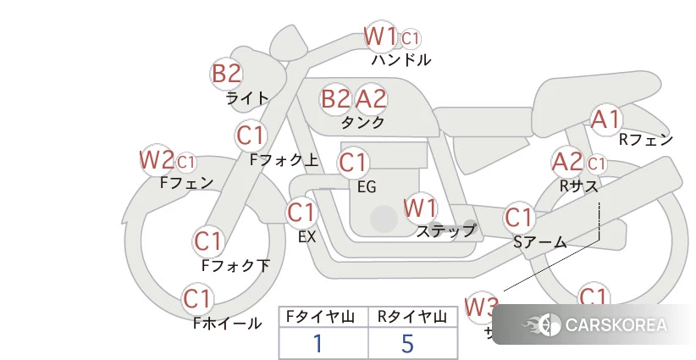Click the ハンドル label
point(400,60)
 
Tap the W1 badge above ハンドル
point(380,36)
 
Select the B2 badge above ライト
point(226,73)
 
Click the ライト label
point(247,98)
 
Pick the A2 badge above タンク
point(371,99)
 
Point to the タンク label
point(362,123)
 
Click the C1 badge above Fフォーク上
point(251,135)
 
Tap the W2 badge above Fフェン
point(157,159)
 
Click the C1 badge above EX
point(301,212)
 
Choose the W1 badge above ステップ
point(420,207)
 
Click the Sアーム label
point(539,242)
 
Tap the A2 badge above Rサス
point(567,161)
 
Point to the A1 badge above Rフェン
point(606,119)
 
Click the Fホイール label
point(227,324)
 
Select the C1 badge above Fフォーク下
point(207,241)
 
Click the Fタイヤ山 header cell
point(323,317)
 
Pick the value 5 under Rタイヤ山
point(407,344)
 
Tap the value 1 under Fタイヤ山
point(318,344)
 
